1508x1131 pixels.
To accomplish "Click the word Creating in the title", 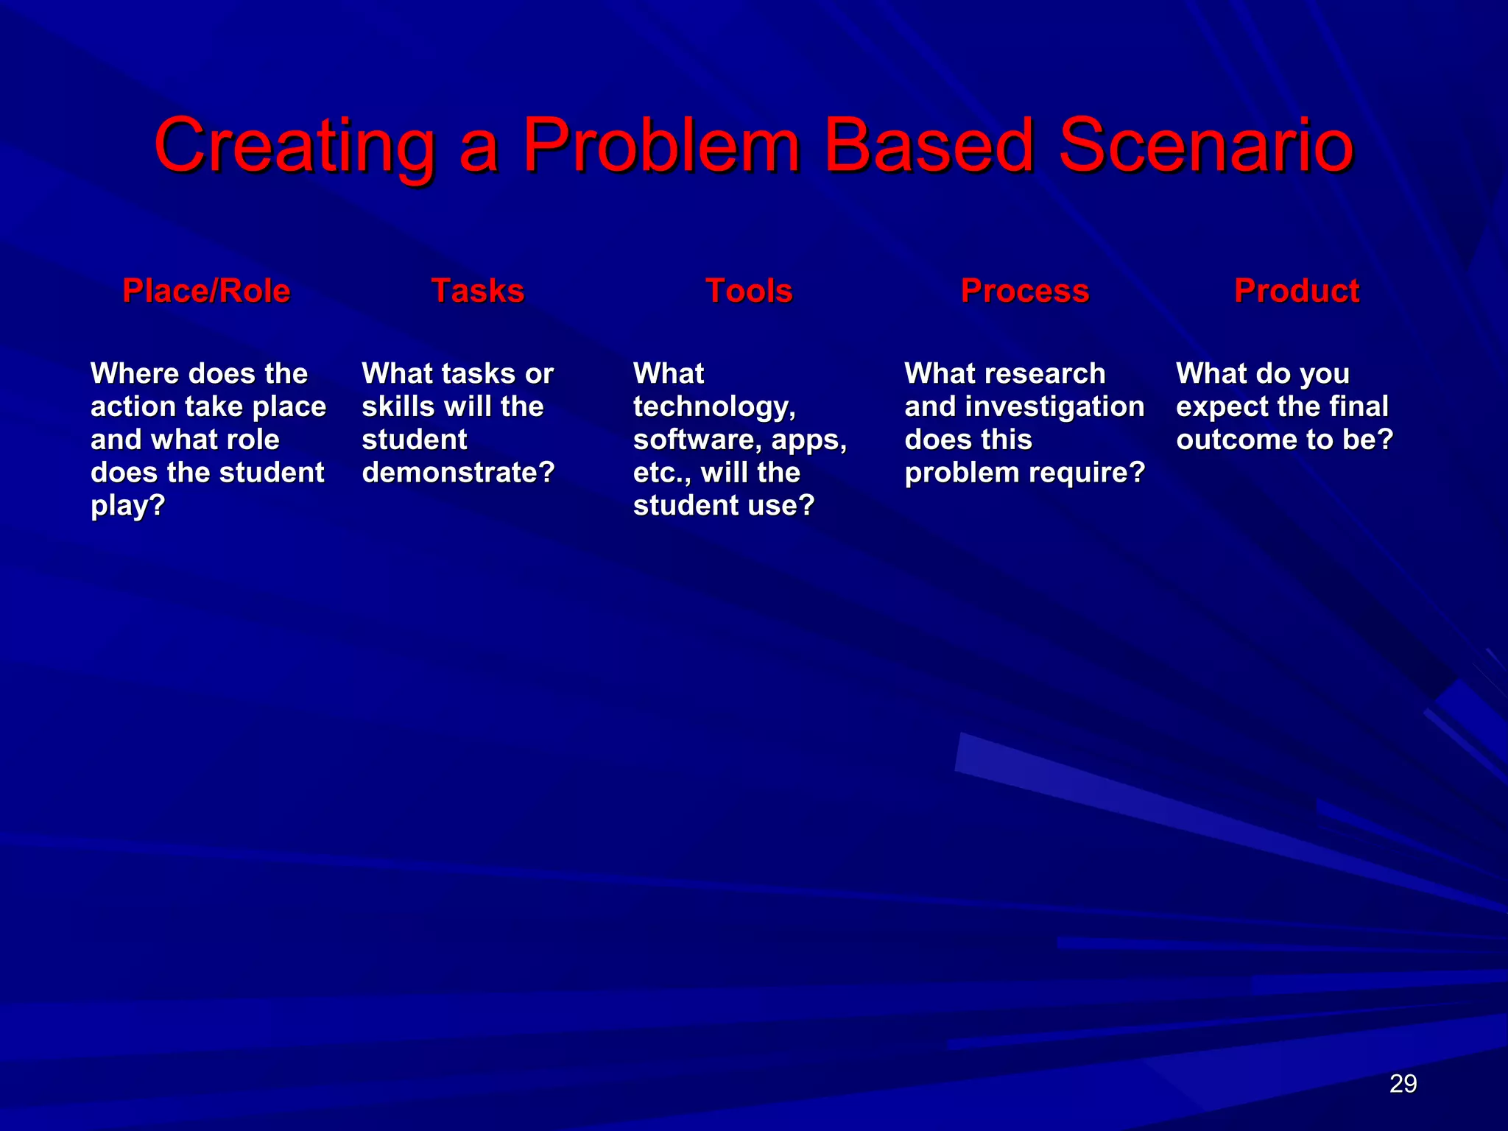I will pyautogui.click(x=295, y=147).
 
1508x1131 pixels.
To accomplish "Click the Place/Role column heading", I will pyautogui.click(x=206, y=291).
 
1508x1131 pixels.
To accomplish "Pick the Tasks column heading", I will pyautogui.click(x=477, y=291).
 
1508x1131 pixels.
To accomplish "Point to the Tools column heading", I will pyautogui.click(x=749, y=291).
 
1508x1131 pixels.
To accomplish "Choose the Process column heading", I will pyautogui.click(x=1024, y=291).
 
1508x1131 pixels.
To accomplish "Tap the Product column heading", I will pyautogui.click(x=1296, y=291).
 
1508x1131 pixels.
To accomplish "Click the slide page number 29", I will pyautogui.click(x=1403, y=1084).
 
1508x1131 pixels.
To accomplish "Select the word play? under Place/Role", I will pyautogui.click(x=127, y=507).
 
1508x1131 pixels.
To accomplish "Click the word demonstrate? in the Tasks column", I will pyautogui.click(x=458, y=473).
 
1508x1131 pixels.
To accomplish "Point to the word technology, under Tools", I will pyautogui.click(x=714, y=407).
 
